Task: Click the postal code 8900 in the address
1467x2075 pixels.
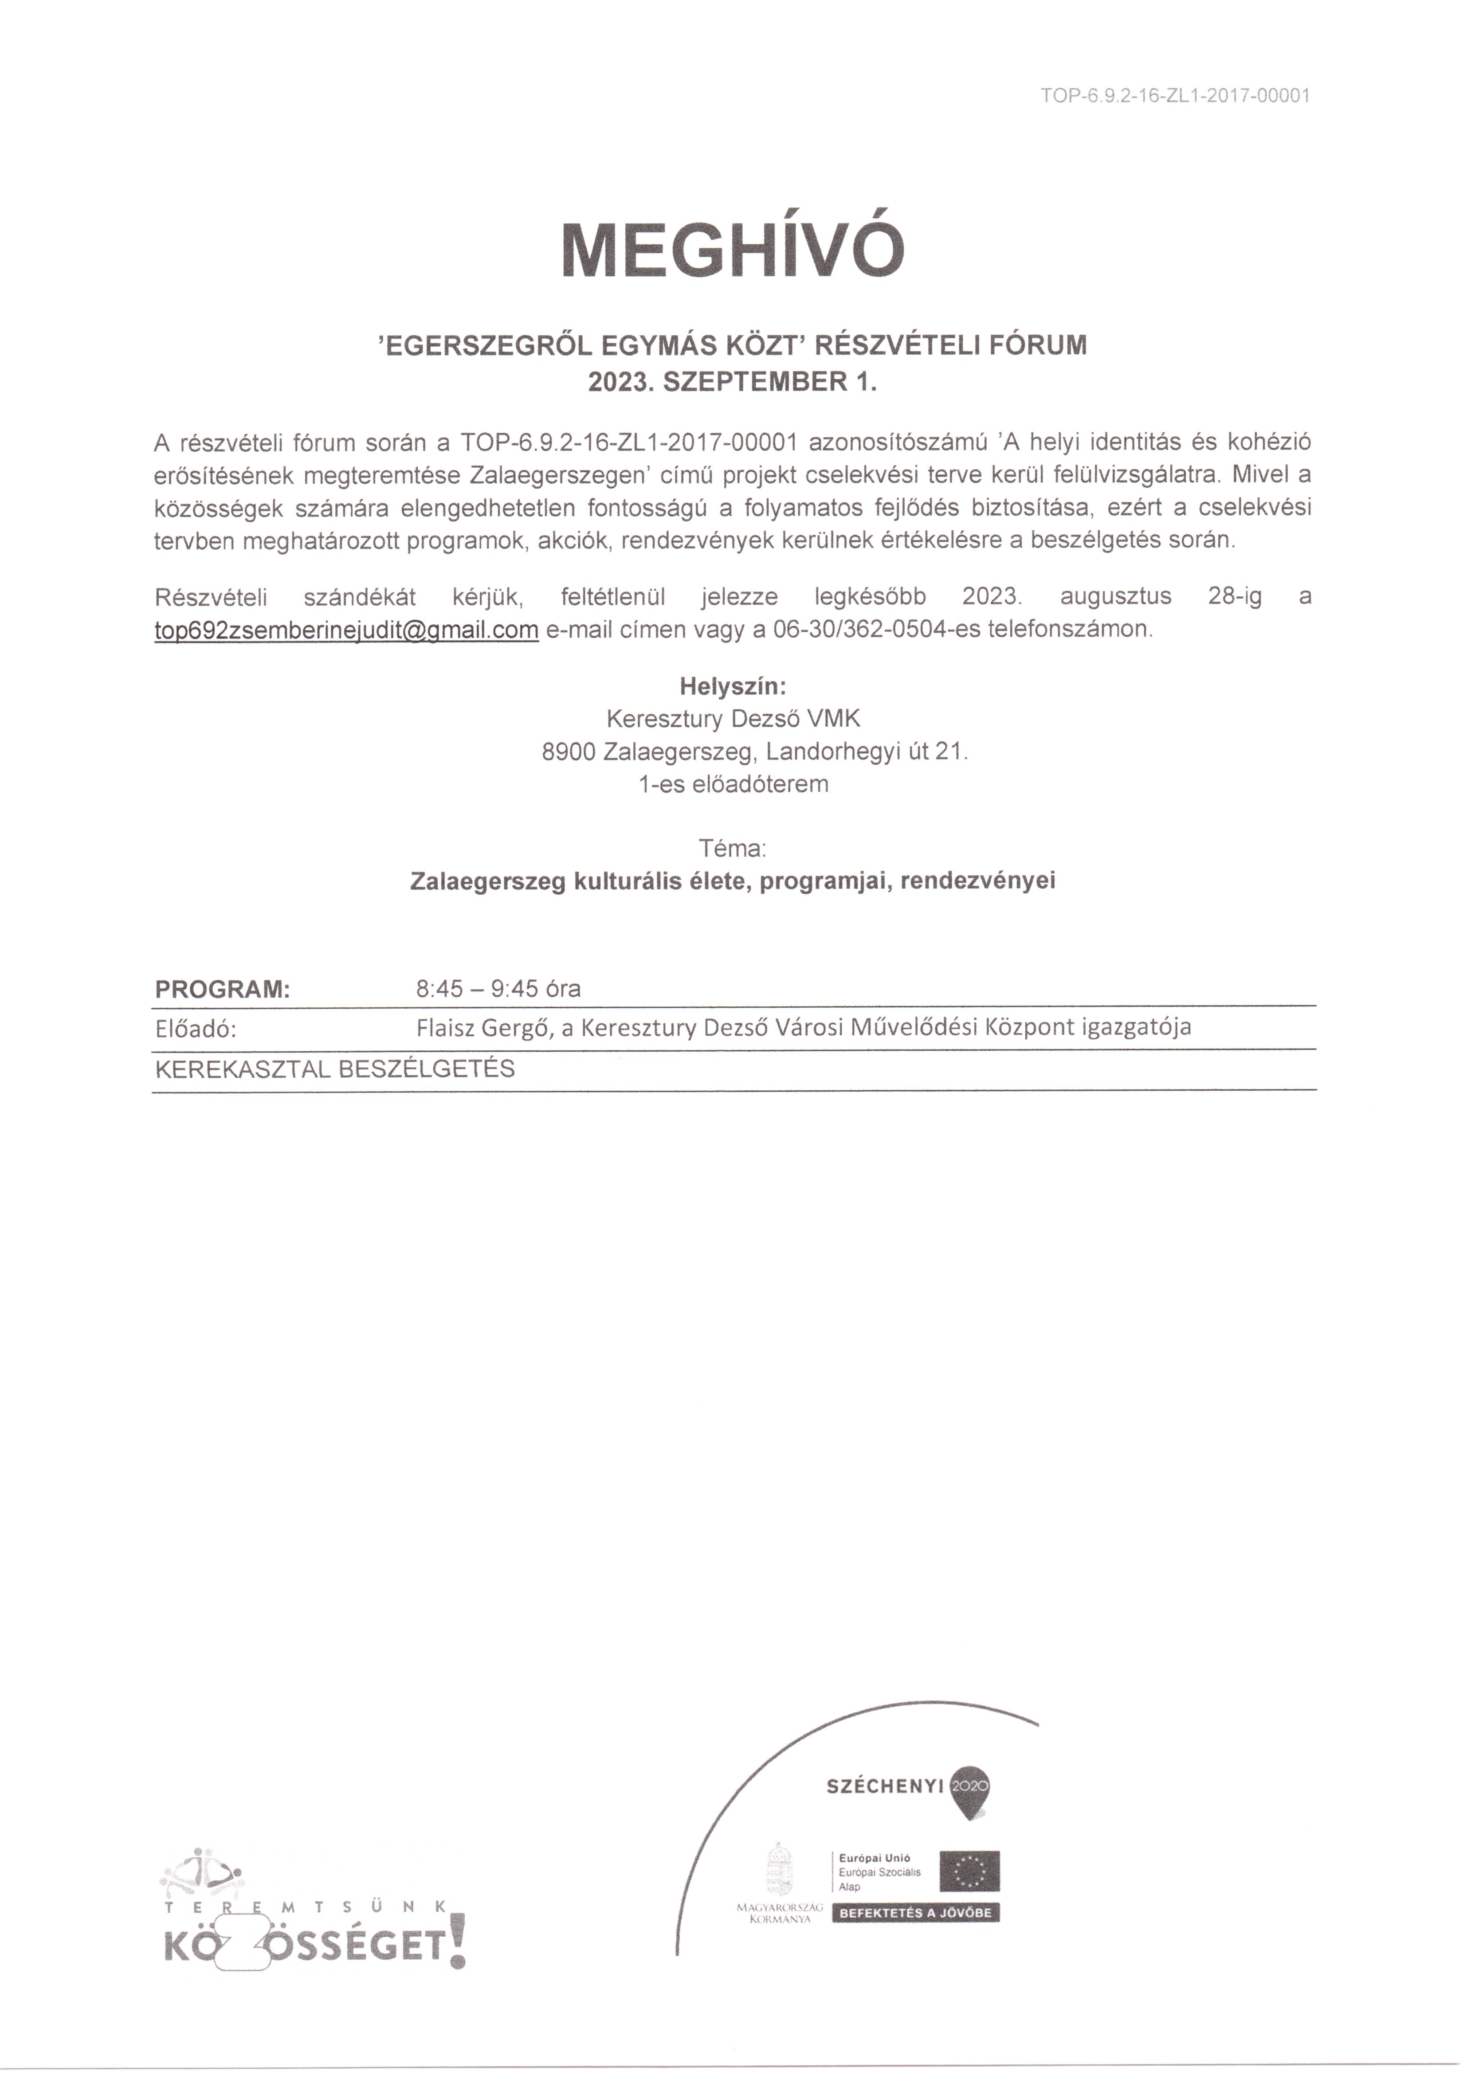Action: [568, 751]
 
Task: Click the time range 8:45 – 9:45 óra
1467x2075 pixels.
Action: [498, 989]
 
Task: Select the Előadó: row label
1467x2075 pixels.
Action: [196, 1029]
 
